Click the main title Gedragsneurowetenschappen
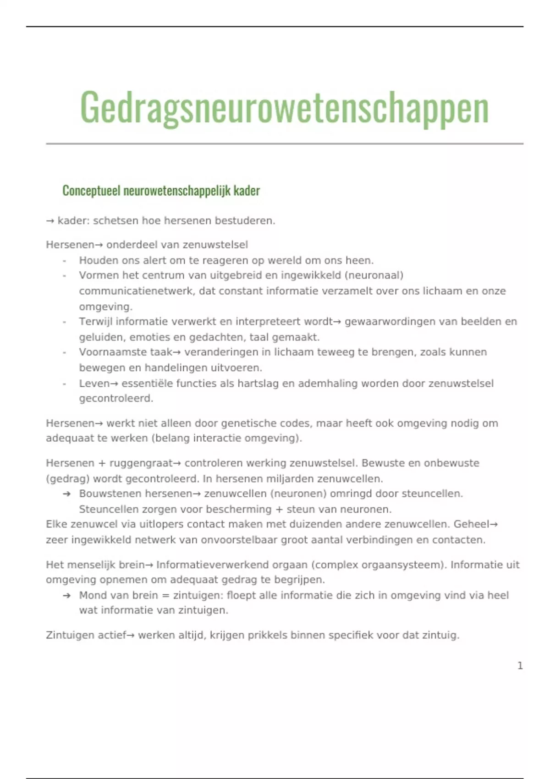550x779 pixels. [284, 108]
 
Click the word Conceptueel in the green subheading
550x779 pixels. [91, 191]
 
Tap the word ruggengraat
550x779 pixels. [141, 463]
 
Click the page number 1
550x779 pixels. [520, 666]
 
